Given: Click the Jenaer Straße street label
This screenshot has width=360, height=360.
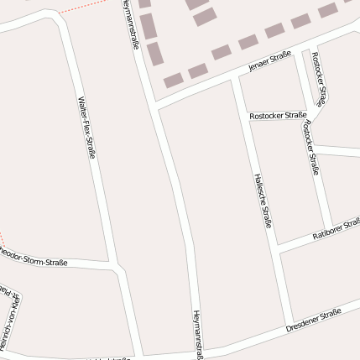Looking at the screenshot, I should tap(269, 62).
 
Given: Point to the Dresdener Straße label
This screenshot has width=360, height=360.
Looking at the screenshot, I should tap(313, 320).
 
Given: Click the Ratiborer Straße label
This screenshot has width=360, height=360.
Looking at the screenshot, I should tap(335, 228).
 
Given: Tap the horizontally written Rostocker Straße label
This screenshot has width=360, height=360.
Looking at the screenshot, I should tap(278, 115).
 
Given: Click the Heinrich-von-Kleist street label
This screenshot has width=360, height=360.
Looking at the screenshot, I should tap(9, 319).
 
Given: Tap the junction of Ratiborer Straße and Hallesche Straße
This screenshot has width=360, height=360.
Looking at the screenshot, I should tap(277, 248).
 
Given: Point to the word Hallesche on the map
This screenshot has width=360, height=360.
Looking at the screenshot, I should tap(259, 189).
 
